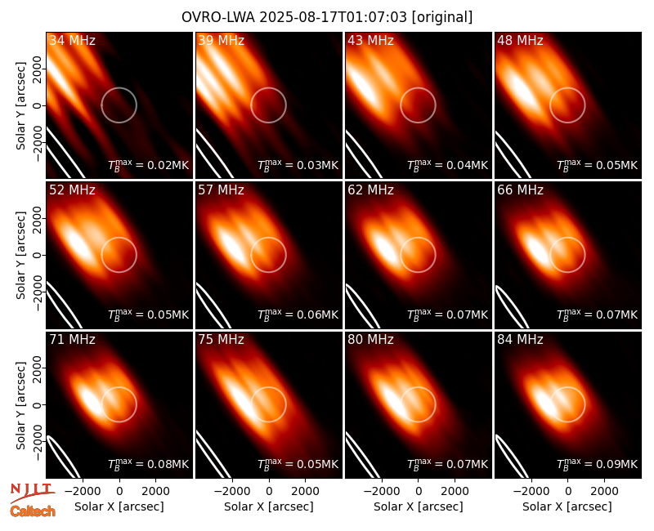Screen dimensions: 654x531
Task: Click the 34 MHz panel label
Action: click(72, 40)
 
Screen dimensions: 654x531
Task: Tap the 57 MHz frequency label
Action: click(221, 190)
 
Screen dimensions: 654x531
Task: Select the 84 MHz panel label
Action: click(520, 340)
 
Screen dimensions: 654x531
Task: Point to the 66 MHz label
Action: click(520, 190)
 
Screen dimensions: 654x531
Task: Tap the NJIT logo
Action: click(32, 493)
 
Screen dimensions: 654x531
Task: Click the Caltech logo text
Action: click(33, 511)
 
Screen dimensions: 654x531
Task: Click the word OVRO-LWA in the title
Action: click(218, 17)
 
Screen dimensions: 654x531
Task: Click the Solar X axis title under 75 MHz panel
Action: click(269, 506)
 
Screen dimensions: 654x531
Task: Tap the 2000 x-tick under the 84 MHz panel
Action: click(604, 492)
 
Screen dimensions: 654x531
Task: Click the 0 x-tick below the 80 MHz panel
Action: click(419, 492)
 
